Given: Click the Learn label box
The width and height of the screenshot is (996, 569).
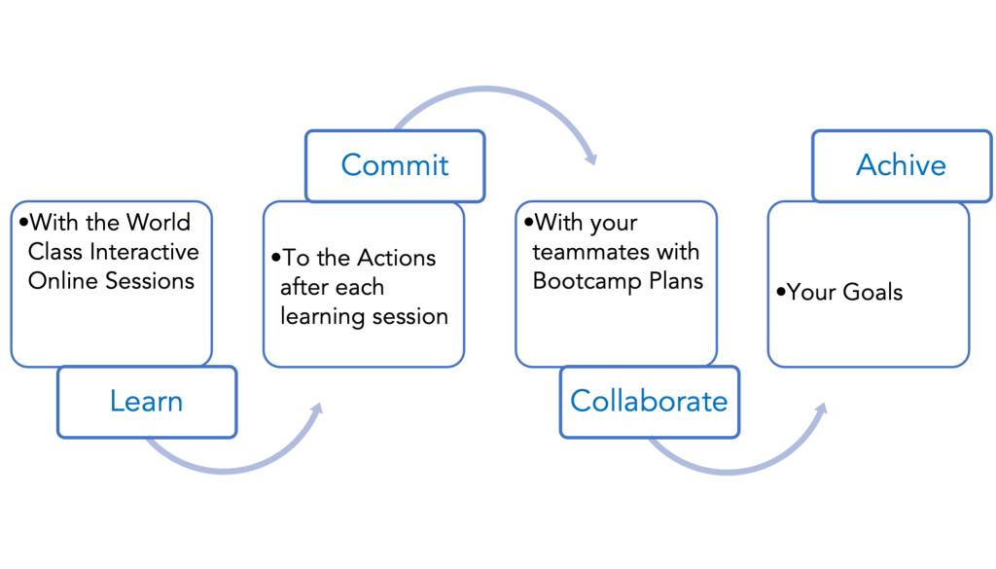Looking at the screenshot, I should tap(147, 401).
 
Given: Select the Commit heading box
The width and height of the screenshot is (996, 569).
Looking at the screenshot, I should tap(394, 164).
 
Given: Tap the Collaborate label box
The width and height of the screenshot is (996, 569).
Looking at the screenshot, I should tap(648, 401).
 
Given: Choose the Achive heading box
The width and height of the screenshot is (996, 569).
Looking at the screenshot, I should tap(900, 165).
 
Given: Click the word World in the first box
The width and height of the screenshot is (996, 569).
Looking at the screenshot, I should tap(158, 223).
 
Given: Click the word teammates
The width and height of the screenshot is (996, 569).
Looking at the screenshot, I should tap(583, 253).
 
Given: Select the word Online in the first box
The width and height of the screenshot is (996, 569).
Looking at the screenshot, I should tap(59, 281).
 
